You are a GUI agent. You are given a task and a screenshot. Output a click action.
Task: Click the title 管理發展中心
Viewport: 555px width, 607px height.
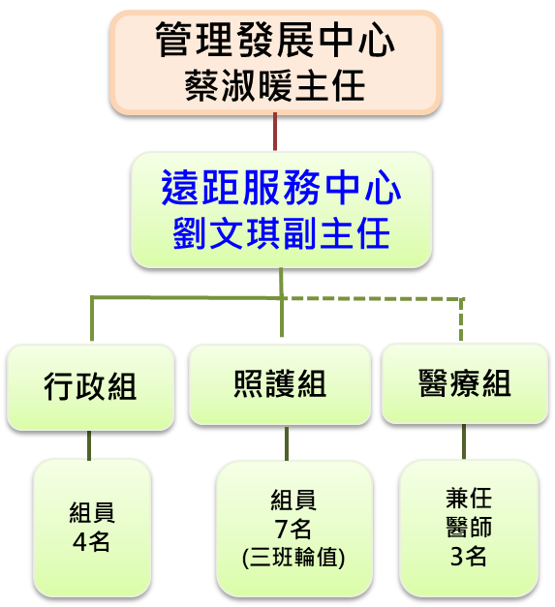275,40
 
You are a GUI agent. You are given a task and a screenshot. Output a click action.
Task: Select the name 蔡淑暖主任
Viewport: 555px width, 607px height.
275,86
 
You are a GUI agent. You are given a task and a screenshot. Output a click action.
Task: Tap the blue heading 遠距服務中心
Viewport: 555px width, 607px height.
281,188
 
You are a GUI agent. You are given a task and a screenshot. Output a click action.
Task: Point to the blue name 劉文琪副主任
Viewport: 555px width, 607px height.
281,233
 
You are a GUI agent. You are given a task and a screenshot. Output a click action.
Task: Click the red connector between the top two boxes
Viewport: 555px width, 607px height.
275,132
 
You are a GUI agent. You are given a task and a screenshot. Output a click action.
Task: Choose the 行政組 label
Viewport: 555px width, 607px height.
90,386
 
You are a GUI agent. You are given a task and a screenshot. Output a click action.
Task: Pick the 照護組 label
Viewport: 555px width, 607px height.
280,383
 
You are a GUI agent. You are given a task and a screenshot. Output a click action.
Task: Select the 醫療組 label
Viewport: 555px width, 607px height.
465,382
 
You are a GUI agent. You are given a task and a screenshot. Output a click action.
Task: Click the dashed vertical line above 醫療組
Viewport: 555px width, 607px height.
461,319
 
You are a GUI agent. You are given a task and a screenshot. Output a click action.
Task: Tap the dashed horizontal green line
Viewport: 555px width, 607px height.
373,298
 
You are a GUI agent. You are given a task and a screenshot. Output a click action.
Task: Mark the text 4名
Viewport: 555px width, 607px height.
91,541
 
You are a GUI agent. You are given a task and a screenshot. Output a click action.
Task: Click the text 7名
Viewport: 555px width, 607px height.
293,529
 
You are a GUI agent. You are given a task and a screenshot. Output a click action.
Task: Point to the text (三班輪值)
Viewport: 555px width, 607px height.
293,558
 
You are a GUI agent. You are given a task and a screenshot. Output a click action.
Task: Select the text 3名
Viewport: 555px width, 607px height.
468,557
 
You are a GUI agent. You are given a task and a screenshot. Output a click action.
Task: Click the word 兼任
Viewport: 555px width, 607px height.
469,499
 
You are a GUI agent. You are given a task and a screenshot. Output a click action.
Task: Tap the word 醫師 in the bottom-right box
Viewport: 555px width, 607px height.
469,527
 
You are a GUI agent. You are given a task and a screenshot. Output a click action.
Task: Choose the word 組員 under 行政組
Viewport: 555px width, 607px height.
92,512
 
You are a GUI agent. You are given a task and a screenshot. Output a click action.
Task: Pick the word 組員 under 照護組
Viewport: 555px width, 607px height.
293,500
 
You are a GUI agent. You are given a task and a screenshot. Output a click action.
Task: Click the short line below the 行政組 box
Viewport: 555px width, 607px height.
89,445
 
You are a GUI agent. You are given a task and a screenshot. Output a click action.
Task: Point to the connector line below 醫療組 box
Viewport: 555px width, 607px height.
464,441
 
